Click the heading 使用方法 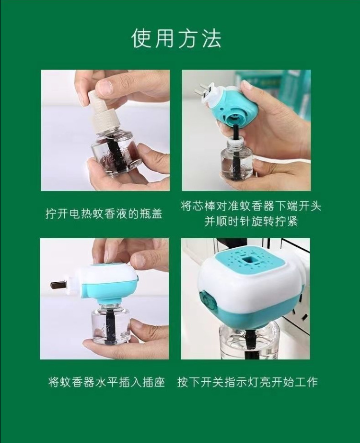(176, 38)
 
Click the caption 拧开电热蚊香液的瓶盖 (104, 213)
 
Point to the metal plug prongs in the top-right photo (205, 91)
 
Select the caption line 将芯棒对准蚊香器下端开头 (251, 206)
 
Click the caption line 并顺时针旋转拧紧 (251, 221)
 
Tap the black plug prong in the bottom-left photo (59, 285)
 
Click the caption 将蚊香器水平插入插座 (106, 382)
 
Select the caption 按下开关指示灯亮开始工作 (247, 382)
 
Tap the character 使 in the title (142, 38)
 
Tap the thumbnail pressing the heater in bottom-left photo (141, 258)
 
